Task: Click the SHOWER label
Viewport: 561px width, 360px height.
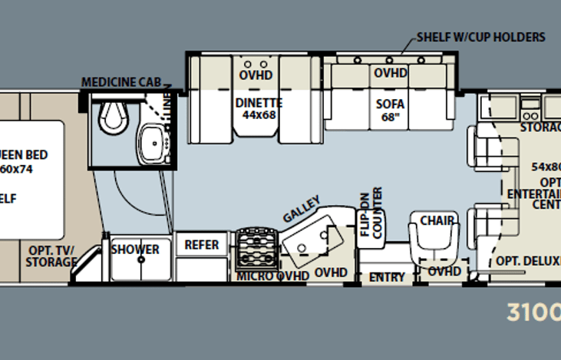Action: pyautogui.click(x=135, y=249)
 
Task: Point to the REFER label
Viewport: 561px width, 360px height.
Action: pyautogui.click(x=202, y=246)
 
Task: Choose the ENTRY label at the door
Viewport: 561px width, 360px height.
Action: pyautogui.click(x=387, y=277)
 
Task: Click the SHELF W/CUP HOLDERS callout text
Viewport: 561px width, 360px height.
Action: pyautogui.click(x=480, y=37)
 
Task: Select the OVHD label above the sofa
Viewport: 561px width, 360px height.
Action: pyautogui.click(x=390, y=74)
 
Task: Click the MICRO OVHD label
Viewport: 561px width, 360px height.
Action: pyautogui.click(x=272, y=275)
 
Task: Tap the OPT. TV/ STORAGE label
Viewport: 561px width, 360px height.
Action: pyautogui.click(x=52, y=256)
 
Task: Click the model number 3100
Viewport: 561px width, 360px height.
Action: pyautogui.click(x=533, y=312)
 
